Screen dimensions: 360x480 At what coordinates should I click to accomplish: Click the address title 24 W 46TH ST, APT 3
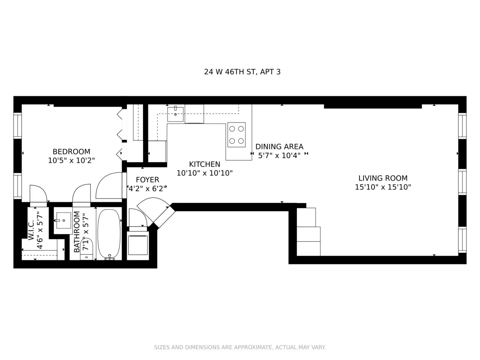click(242, 72)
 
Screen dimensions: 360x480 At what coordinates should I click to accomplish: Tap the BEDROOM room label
click(71, 152)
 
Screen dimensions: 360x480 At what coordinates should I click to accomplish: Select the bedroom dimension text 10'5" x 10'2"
click(71, 160)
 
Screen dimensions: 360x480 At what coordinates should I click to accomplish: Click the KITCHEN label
click(204, 164)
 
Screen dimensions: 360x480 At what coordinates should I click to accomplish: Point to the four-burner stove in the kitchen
click(236, 135)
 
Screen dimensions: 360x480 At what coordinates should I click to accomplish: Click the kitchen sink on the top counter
click(175, 114)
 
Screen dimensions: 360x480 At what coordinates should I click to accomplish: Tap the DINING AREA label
click(279, 146)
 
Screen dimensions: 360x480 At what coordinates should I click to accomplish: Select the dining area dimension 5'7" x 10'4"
click(279, 156)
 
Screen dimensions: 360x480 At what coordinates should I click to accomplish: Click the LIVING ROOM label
click(383, 178)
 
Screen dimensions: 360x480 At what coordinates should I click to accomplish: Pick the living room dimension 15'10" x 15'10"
click(383, 187)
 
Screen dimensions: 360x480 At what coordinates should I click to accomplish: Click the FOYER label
click(147, 180)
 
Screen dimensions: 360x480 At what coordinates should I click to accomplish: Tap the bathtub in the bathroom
click(109, 234)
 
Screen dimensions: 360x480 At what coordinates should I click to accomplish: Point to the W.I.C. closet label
click(32, 230)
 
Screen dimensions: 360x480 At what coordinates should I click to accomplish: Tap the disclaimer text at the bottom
click(240, 347)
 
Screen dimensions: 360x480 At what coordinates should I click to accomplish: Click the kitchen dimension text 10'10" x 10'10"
click(204, 173)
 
